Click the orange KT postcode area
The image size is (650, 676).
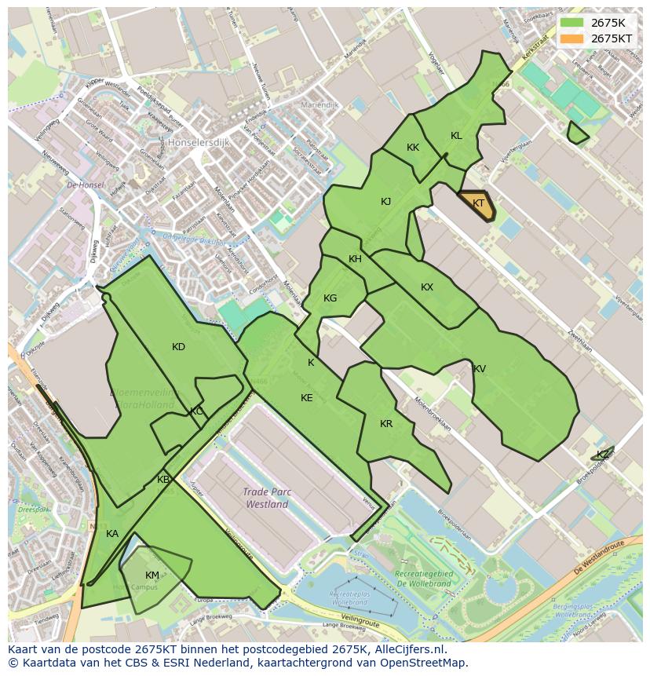pyautogui.click(x=477, y=205)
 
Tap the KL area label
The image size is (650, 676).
pyautogui.click(x=456, y=136)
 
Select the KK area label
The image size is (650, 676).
pyautogui.click(x=413, y=148)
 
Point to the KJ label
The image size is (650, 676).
pyautogui.click(x=385, y=202)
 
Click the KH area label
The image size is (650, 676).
pyautogui.click(x=355, y=259)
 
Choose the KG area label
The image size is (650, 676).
pyautogui.click(x=330, y=298)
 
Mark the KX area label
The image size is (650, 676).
pyautogui.click(x=427, y=287)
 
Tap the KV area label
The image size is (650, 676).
pyautogui.click(x=479, y=369)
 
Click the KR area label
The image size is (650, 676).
pyautogui.click(x=386, y=424)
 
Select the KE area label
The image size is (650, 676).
pyautogui.click(x=307, y=398)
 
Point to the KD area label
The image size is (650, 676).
pyautogui.click(x=178, y=347)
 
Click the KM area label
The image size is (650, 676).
pyautogui.click(x=152, y=576)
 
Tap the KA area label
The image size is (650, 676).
pyautogui.click(x=112, y=534)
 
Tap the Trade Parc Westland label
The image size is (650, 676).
pyautogui.click(x=267, y=498)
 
